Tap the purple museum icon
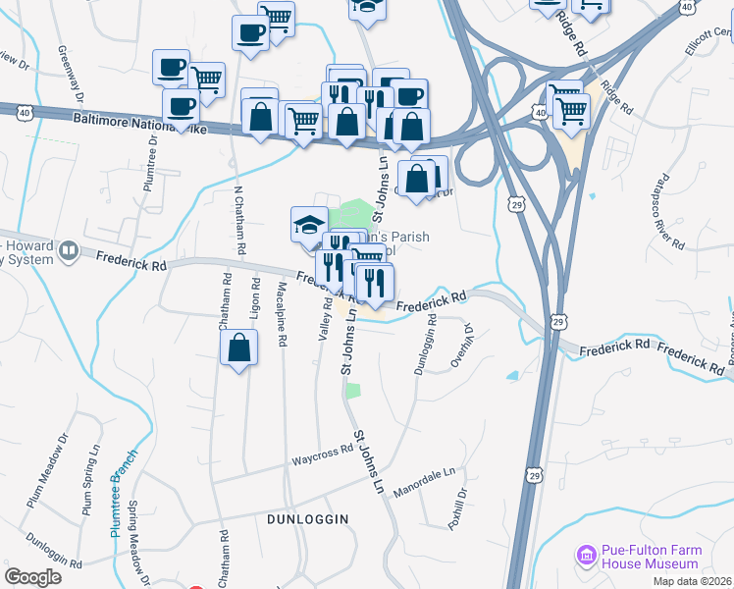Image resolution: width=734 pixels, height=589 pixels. pyautogui.click(x=588, y=557)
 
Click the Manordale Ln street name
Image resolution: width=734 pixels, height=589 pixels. pyautogui.click(x=425, y=477)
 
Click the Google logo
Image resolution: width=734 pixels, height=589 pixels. pyautogui.click(x=32, y=577)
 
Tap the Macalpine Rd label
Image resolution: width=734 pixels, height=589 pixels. pyautogui.click(x=282, y=314)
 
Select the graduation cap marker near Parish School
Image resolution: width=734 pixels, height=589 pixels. pyautogui.click(x=309, y=225)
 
